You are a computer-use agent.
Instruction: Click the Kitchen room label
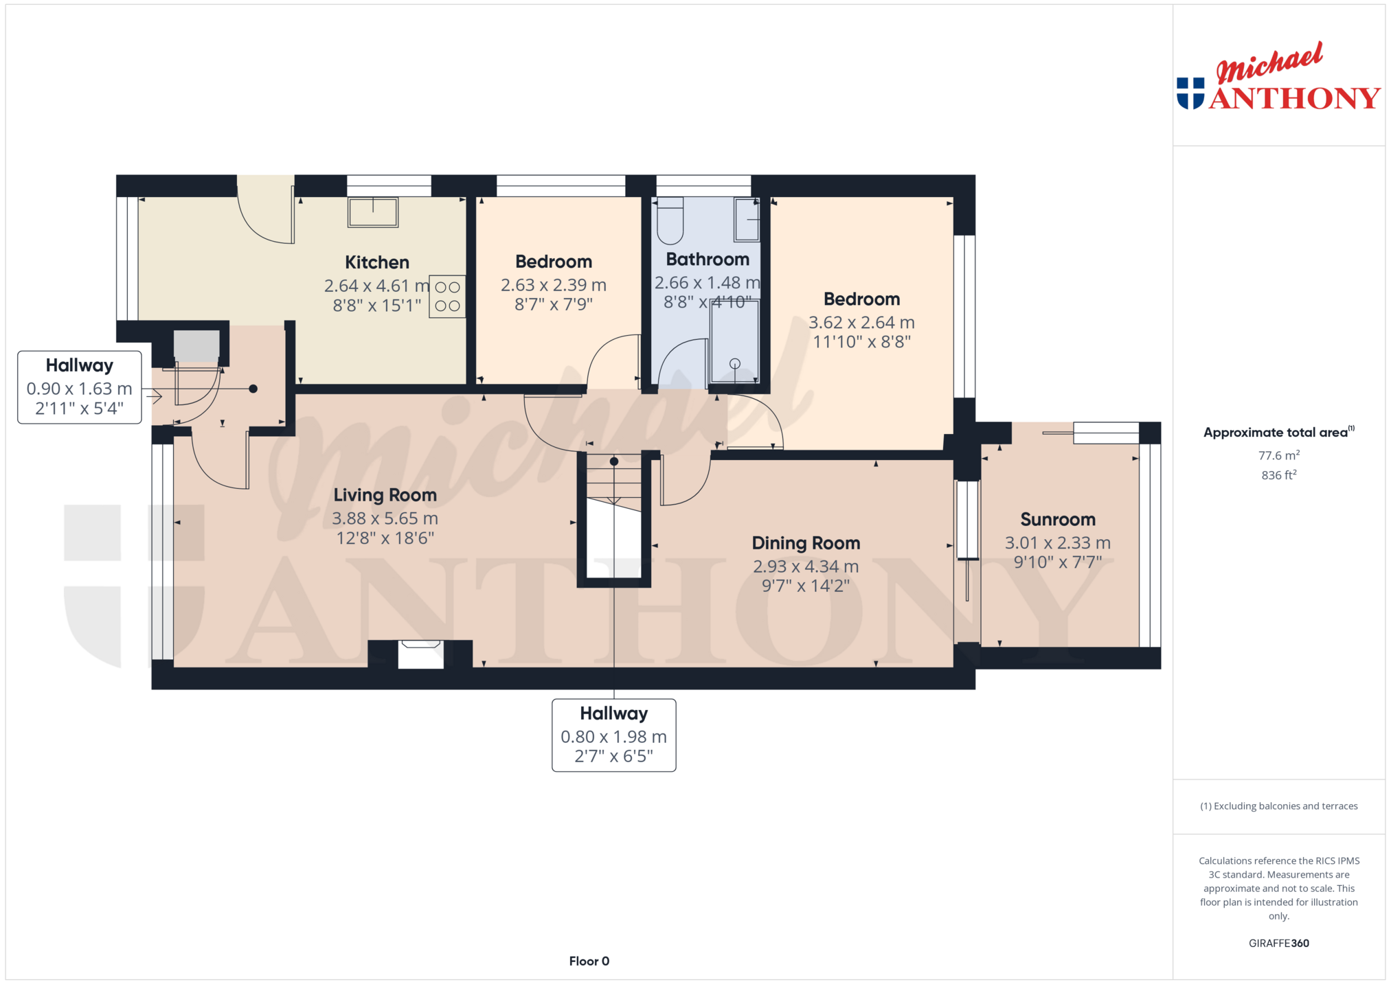pyautogui.click(x=376, y=262)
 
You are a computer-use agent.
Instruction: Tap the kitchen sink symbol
pyautogui.click(x=373, y=212)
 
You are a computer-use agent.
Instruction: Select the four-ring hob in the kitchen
pyautogui.click(x=447, y=297)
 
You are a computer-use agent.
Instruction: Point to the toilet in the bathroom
pyautogui.click(x=670, y=221)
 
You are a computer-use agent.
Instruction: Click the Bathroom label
pyautogui.click(x=708, y=260)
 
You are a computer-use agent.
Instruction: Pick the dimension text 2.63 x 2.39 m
pyautogui.click(x=554, y=285)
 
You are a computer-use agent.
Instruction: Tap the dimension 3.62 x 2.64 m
pyautogui.click(x=861, y=323)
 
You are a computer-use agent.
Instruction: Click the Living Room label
pyautogui.click(x=385, y=495)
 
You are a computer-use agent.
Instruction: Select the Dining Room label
pyautogui.click(x=806, y=543)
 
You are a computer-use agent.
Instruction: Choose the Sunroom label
pyautogui.click(x=1058, y=520)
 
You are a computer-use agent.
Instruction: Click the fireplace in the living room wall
pyautogui.click(x=421, y=654)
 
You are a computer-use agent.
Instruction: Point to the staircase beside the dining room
pyautogui.click(x=614, y=518)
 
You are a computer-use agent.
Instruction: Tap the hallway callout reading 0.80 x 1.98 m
pyautogui.click(x=614, y=735)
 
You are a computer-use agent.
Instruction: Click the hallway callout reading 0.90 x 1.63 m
pyautogui.click(x=80, y=387)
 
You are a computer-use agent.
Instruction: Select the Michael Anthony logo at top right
pyautogui.click(x=1278, y=76)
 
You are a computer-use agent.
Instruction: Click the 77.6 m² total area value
pyautogui.click(x=1278, y=455)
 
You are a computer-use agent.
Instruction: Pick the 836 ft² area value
pyautogui.click(x=1278, y=475)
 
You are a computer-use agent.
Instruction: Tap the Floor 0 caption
pyautogui.click(x=589, y=961)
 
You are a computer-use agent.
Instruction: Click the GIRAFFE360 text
pyautogui.click(x=1278, y=943)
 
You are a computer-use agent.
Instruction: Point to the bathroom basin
pyautogui.click(x=747, y=220)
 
